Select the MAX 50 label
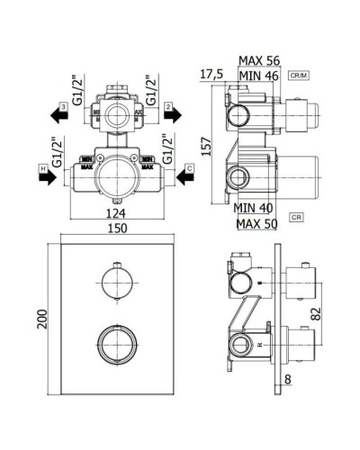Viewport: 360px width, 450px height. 256,221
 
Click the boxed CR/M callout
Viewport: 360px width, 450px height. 300,76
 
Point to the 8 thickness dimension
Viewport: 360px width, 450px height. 288,380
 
